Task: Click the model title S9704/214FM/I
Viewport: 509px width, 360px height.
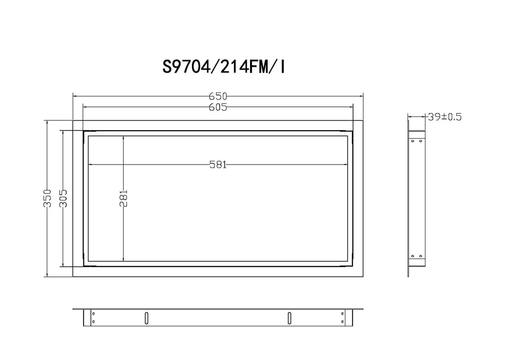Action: (224, 67)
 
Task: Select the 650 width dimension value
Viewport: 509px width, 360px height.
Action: (218, 96)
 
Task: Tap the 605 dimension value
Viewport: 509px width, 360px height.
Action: (218, 107)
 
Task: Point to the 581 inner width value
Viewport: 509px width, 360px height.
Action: (218, 165)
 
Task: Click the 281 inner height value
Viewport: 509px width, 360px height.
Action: (123, 198)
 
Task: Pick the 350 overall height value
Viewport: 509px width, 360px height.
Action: (47, 198)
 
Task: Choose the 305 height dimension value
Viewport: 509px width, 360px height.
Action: (63, 198)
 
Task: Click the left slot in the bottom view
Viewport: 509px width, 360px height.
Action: (147, 318)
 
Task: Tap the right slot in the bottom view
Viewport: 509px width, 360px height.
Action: (289, 318)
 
